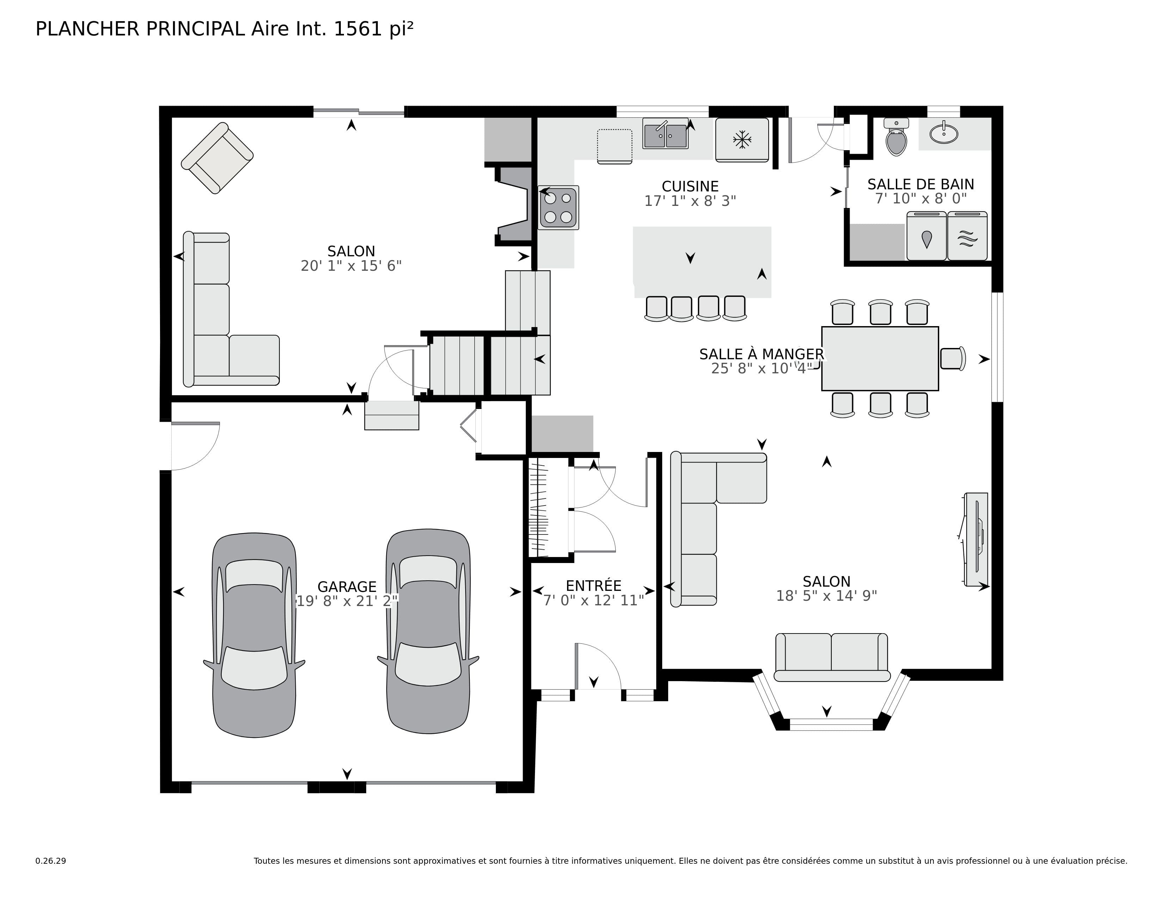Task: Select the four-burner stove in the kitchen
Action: (558, 208)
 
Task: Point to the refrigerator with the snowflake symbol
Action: (742, 140)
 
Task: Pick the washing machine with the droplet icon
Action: (927, 236)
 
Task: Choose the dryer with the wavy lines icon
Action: (967, 236)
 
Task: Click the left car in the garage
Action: (254, 635)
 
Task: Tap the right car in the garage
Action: (428, 632)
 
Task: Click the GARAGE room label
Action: (347, 587)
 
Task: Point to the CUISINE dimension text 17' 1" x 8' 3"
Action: (690, 201)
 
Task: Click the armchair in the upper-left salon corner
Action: (217, 158)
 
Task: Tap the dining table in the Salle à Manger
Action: (880, 359)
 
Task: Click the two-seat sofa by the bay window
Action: (832, 657)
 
